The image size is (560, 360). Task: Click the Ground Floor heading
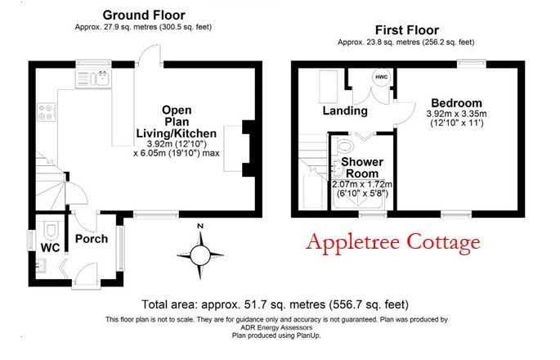pyautogui.click(x=144, y=16)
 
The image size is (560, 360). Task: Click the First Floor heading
pyautogui.click(x=407, y=30)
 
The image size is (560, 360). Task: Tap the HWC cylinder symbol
pyautogui.click(x=382, y=77)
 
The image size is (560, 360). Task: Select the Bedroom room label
pyautogui.click(x=456, y=103)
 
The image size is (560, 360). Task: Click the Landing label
pyautogui.click(x=345, y=110)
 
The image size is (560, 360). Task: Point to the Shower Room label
pyautogui.click(x=362, y=168)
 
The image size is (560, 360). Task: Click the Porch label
pyautogui.click(x=92, y=239)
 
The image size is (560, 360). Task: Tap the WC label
pyautogui.click(x=51, y=248)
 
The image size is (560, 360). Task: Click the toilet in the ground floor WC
pyautogui.click(x=52, y=230)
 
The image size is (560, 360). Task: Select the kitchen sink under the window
pyautogui.click(x=93, y=79)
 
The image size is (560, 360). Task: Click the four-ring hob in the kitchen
pyautogui.click(x=47, y=112)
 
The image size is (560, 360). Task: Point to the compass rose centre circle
pyautogui.click(x=200, y=255)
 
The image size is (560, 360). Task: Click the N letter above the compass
pyautogui.click(x=200, y=226)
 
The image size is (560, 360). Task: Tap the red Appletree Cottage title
pyautogui.click(x=393, y=242)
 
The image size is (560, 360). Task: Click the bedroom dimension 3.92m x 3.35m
pyautogui.click(x=456, y=114)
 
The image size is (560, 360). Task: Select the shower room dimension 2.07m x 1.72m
pyautogui.click(x=362, y=184)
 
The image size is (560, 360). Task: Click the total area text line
pyautogui.click(x=275, y=304)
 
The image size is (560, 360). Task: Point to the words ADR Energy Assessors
pyautogui.click(x=276, y=327)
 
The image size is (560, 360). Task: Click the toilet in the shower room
pyautogui.click(x=345, y=146)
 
